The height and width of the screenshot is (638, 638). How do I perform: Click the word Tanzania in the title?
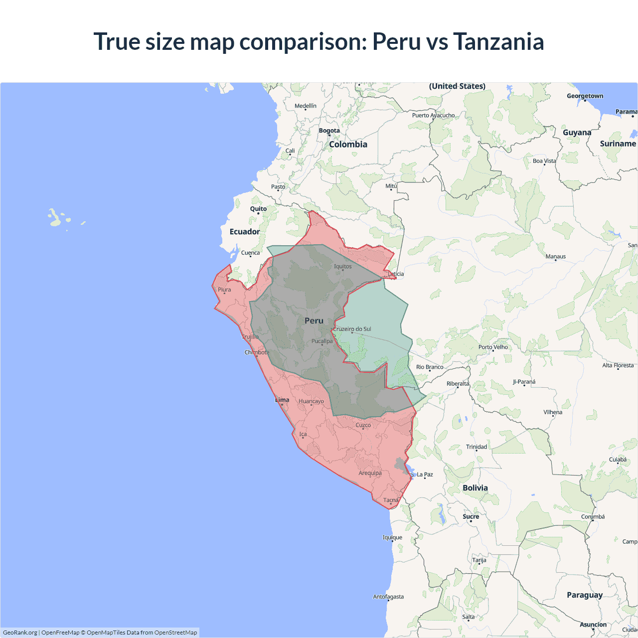point(498,41)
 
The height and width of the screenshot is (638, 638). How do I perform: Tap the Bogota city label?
point(329,131)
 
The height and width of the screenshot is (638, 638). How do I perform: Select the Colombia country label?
point(348,145)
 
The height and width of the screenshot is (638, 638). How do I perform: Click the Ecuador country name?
point(244,232)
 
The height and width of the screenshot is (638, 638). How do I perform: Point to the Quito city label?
point(258,209)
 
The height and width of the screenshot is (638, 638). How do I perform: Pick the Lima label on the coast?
point(282,400)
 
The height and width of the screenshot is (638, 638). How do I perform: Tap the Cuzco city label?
point(363,425)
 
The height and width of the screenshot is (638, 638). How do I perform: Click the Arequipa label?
point(370,473)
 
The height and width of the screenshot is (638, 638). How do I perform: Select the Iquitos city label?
point(342,266)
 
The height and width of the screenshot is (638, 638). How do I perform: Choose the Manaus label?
point(555,257)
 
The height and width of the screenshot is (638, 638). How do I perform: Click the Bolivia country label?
point(475,488)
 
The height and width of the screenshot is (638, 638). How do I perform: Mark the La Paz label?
point(425,475)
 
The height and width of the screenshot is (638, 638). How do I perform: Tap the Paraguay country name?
point(584,595)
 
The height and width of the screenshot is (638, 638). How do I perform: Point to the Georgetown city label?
point(585,96)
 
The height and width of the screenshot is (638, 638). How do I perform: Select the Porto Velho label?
point(493,347)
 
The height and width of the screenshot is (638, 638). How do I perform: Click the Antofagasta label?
point(388,597)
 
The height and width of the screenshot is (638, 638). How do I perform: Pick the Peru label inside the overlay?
point(314,321)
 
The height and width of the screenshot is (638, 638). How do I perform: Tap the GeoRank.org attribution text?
point(20,633)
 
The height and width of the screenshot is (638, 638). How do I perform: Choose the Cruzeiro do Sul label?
point(352,329)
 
